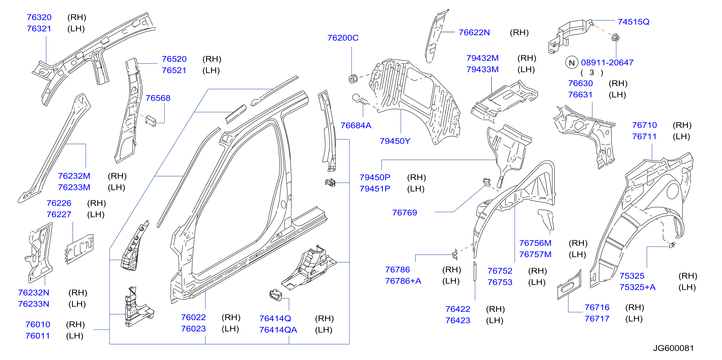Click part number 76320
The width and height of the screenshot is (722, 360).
(39, 17)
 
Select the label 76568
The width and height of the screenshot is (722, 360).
(158, 98)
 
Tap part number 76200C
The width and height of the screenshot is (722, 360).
(343, 38)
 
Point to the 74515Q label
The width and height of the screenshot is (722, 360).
(634, 22)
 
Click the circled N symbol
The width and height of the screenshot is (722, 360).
(572, 63)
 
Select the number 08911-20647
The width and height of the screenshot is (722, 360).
(607, 63)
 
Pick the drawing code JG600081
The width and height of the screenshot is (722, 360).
(673, 348)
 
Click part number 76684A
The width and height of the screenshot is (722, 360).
(356, 126)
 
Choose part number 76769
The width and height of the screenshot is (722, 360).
(404, 213)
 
